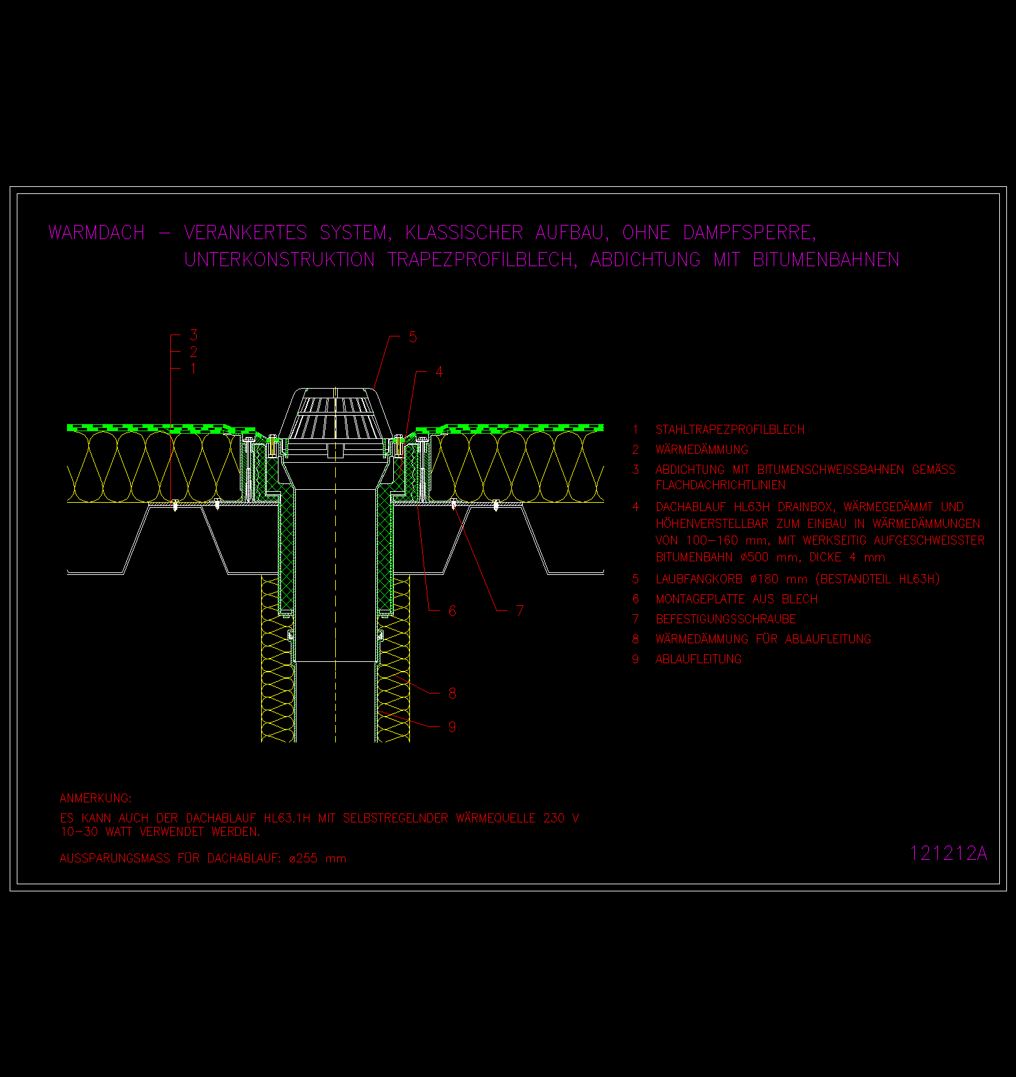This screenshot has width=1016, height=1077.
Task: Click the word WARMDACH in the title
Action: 97,232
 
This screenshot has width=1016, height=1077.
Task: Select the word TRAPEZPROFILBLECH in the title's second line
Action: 483,259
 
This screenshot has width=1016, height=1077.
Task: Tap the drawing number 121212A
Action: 948,853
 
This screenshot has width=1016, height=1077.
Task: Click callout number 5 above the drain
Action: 413,337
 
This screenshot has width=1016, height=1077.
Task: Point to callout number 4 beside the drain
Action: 439,372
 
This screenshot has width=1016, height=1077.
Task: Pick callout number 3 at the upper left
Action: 193,335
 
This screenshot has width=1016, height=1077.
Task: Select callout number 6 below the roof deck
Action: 453,610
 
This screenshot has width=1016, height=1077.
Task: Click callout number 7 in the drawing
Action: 520,610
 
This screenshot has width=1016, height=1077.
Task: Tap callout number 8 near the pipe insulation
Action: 453,694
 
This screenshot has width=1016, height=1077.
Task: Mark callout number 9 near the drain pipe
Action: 453,727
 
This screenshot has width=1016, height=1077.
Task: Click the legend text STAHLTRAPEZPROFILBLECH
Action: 730,430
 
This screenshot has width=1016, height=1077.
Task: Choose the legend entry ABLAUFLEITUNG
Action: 699,659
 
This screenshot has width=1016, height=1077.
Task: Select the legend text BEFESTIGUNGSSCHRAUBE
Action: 726,619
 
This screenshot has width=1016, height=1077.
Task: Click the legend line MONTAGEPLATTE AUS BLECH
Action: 737,599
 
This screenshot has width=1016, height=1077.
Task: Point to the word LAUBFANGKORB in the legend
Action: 699,579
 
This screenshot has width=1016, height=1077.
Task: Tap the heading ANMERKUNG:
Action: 95,798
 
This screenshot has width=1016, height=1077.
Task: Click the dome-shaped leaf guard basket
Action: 335,415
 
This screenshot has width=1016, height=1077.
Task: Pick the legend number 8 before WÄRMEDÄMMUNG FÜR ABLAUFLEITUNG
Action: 636,639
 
